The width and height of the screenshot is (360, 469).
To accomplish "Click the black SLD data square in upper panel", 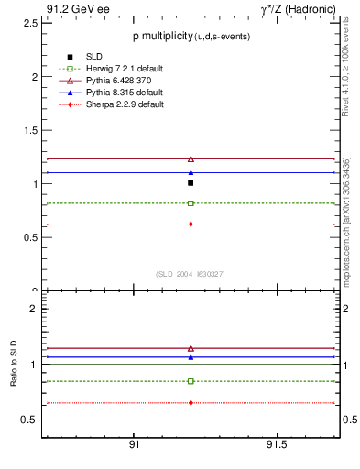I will [x=191, y=183].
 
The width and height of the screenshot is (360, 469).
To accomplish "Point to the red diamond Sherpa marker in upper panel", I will [x=191, y=224].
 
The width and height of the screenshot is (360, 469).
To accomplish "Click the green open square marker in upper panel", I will [x=191, y=203].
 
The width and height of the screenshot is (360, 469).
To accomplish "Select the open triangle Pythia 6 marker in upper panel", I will [x=191, y=158].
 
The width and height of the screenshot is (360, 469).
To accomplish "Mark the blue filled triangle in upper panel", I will [x=191, y=172].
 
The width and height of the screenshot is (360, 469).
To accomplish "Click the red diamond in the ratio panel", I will [x=191, y=403].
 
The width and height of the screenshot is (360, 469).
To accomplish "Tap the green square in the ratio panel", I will [x=191, y=381].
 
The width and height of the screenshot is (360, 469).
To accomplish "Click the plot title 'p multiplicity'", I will [x=162, y=36].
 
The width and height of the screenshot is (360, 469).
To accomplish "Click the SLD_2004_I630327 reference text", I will [x=190, y=273].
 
